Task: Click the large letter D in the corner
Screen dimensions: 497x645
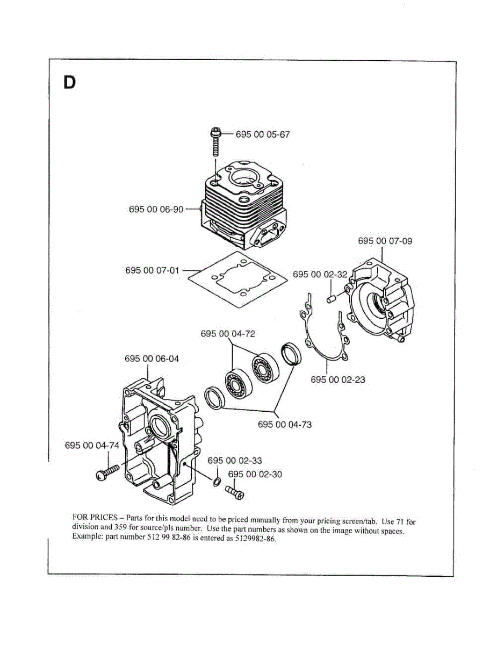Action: pos(69,83)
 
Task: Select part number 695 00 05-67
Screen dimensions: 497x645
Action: pos(263,134)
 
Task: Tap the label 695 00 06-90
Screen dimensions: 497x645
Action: pos(156,209)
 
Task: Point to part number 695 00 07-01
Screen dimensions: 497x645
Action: pos(153,270)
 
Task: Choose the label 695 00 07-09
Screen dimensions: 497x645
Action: pos(385,241)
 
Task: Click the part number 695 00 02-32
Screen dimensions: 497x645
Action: pos(320,274)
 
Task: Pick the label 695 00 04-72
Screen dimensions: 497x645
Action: pos(228,334)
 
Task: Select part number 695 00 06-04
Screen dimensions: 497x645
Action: pos(152,359)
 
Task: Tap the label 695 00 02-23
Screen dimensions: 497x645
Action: pos(338,379)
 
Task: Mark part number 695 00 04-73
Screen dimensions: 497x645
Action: pos(285,425)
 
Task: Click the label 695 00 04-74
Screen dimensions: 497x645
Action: pos(92,446)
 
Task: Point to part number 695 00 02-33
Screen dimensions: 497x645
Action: pos(235,461)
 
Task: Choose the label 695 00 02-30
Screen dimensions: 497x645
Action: pos(255,474)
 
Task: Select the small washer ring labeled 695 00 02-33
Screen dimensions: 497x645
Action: pos(217,482)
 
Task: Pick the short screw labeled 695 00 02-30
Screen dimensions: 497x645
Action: pos(235,493)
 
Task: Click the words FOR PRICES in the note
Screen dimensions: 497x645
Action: pos(95,518)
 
